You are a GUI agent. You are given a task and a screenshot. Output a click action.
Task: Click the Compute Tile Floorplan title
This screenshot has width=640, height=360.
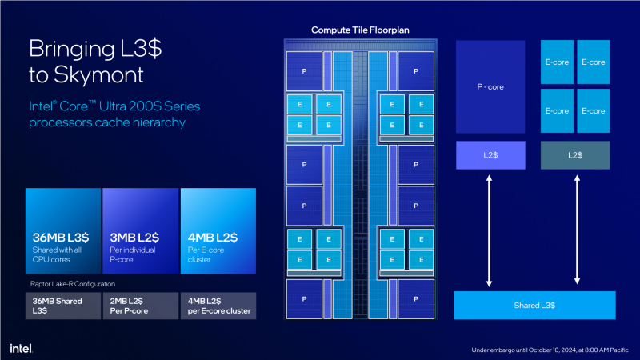pos(360,30)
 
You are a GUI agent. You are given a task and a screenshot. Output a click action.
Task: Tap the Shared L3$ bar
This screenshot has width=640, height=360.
pos(534,306)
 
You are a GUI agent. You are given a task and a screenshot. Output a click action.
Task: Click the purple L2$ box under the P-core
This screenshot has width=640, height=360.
pos(490,155)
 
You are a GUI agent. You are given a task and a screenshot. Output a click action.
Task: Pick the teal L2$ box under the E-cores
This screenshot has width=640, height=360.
pos(574,155)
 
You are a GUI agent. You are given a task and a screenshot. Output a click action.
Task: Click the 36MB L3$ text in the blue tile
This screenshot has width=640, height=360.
pos(60,238)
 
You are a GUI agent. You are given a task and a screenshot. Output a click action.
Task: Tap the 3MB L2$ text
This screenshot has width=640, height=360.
pos(134,238)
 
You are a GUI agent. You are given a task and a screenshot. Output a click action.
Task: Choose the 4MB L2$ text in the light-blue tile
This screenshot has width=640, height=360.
pos(211,238)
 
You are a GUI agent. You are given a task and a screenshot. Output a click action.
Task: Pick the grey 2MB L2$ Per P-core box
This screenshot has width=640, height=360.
pos(140,306)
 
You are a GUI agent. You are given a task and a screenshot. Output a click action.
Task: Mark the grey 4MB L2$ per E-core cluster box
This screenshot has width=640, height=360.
pos(218,306)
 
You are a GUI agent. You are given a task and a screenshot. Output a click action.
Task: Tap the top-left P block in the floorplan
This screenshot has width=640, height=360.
pos(304,71)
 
